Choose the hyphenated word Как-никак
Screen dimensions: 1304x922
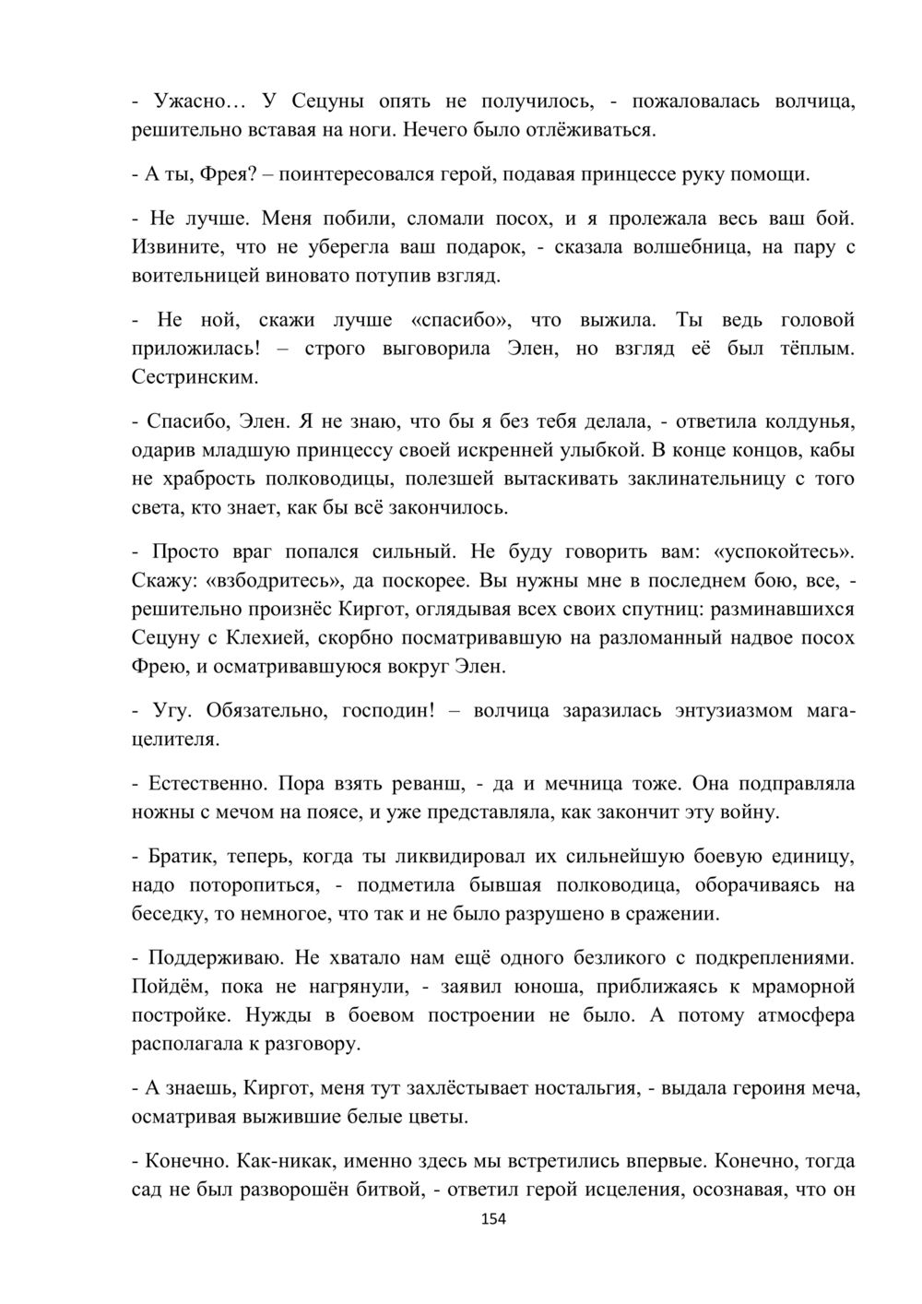(281, 1161)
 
